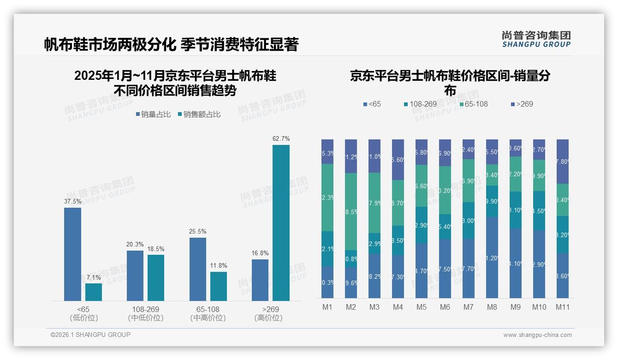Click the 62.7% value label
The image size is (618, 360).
pyautogui.click(x=281, y=138)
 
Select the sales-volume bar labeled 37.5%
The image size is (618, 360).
pyautogui.click(x=72, y=254)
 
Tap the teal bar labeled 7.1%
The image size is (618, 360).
pyautogui.click(x=94, y=292)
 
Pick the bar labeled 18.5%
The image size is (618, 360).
pyautogui.click(x=156, y=278)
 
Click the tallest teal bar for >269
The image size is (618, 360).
pyautogui.click(x=281, y=223)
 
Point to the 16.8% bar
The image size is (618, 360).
pyautogui.click(x=260, y=280)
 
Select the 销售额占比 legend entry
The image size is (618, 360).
pyautogui.click(x=199, y=114)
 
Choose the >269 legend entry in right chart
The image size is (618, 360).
pyautogui.click(x=522, y=104)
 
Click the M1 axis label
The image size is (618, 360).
pyautogui.click(x=327, y=307)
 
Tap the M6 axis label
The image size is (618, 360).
pyautogui.click(x=445, y=307)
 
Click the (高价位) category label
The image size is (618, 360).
pyautogui.click(x=268, y=318)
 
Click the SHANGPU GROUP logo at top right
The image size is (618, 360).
pyautogui.click(x=536, y=39)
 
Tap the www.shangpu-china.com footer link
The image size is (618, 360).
pyautogui.click(x=537, y=335)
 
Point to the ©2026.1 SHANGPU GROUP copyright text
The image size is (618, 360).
pyautogui.click(x=90, y=335)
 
